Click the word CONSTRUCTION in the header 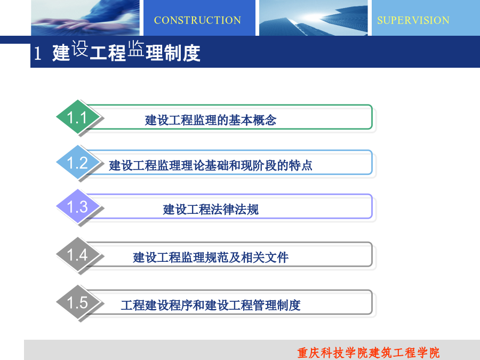click(197, 20)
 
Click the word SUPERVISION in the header click(413, 20)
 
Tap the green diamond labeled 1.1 click(78, 117)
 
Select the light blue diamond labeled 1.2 click(78, 162)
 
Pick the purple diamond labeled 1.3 click(78, 206)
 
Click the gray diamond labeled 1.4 click(78, 254)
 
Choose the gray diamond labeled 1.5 click(78, 302)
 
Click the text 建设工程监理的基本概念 click(211, 120)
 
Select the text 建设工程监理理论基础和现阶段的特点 click(211, 165)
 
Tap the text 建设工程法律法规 click(211, 210)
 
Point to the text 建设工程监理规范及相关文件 click(211, 258)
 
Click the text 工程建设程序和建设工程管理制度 click(211, 305)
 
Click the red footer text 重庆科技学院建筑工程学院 click(368, 353)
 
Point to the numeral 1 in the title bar click(38, 53)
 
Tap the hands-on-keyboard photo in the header click(85, 18)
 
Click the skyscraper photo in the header click(314, 18)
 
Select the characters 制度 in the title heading click(182, 53)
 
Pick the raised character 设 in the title click(80, 49)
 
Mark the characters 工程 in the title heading click(108, 53)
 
